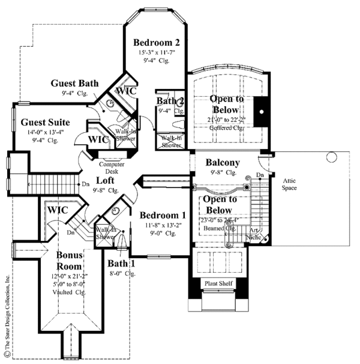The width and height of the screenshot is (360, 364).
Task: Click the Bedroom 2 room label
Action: [x=157, y=43]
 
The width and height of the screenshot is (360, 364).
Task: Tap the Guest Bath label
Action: [x=75, y=83]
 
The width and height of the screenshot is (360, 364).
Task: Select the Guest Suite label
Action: [x=40, y=123]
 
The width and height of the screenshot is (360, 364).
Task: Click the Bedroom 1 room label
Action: [x=163, y=214]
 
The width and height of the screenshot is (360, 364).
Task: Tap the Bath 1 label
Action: [x=121, y=263]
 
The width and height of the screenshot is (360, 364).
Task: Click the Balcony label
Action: [x=223, y=163]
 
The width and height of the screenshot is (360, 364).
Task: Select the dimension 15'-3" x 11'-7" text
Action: [x=157, y=53]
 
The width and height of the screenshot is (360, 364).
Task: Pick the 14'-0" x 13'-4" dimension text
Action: [x=40, y=133]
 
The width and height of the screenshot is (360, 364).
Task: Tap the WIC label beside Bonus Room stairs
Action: [x=58, y=210]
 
